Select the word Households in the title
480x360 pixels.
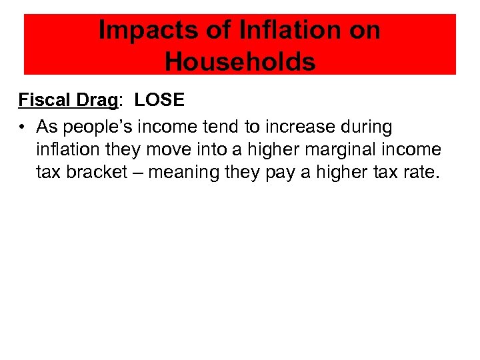click(x=240, y=61)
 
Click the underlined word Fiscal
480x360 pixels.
click(x=44, y=99)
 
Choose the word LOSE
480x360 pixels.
click(x=159, y=99)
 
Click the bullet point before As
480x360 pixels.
click(x=22, y=127)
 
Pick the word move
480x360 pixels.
click(x=167, y=149)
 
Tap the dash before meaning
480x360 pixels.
click(x=137, y=173)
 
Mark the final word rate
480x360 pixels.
click(x=420, y=172)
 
